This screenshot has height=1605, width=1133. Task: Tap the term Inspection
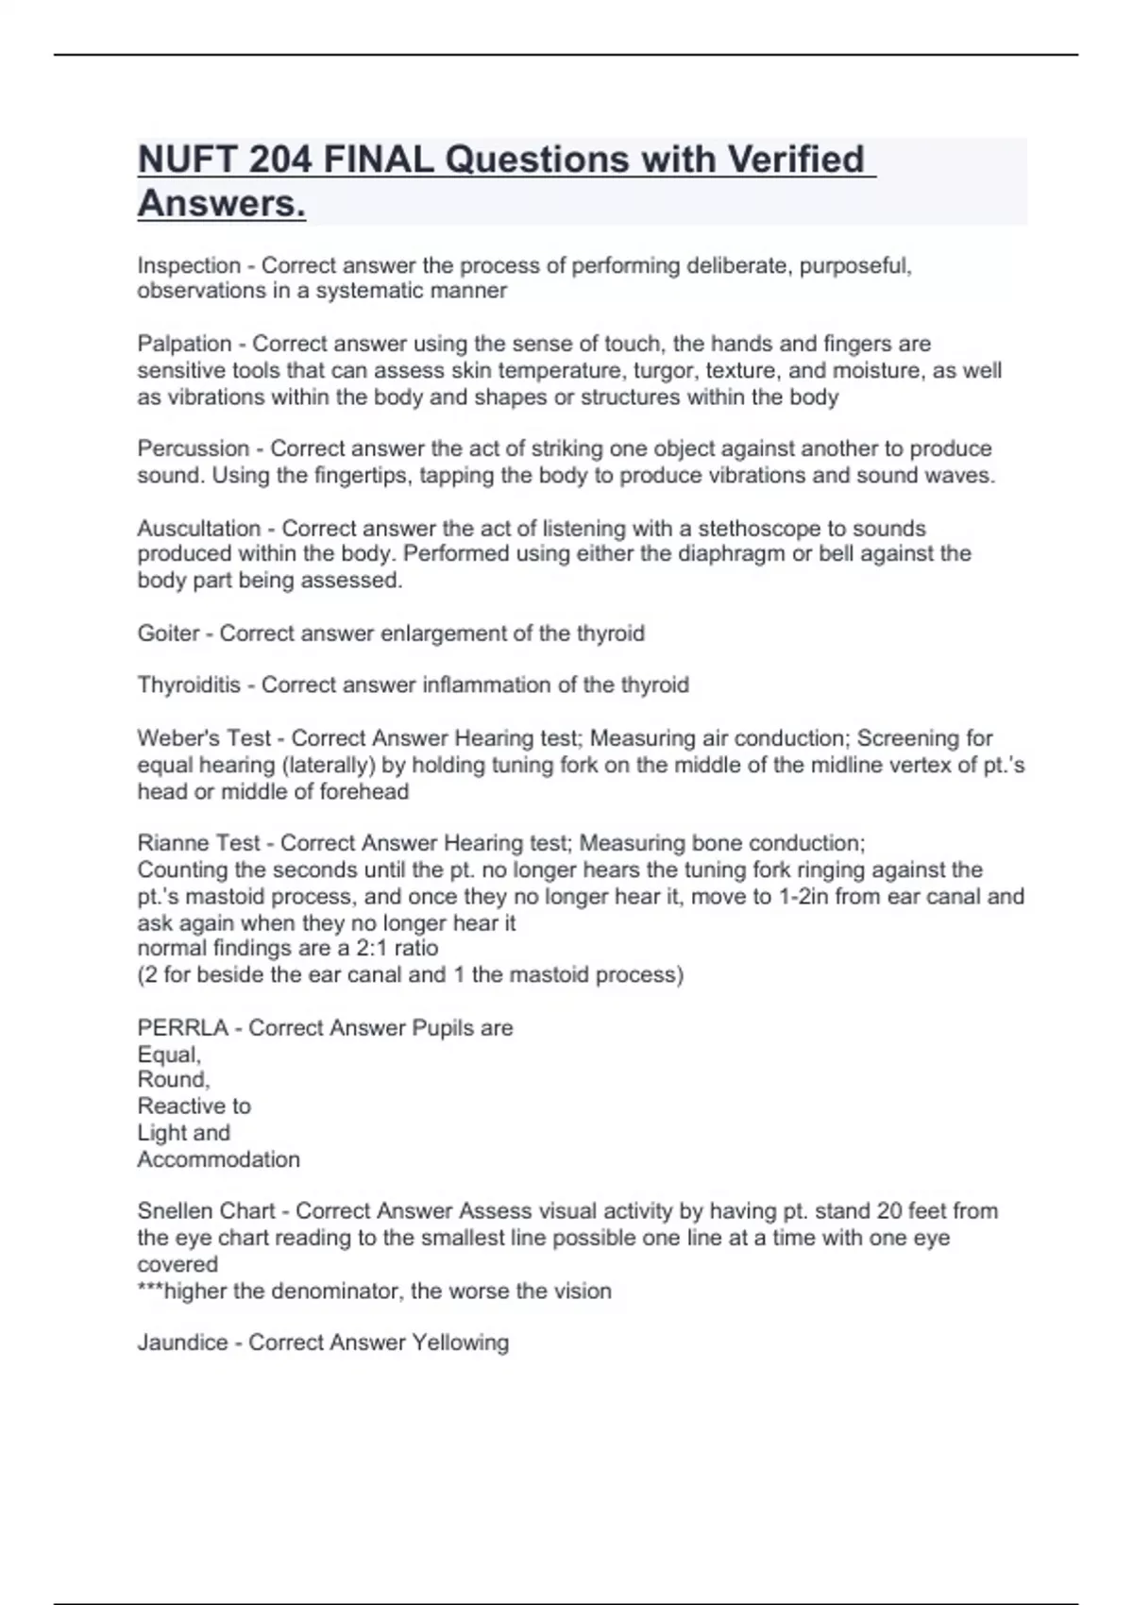189,266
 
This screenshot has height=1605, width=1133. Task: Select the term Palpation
184,344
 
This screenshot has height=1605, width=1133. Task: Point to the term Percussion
194,448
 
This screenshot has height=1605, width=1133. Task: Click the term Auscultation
198,528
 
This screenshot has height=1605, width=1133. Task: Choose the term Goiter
168,634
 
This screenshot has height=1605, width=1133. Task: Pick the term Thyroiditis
189,685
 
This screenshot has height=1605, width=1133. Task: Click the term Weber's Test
204,738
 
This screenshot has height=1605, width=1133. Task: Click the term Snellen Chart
206,1211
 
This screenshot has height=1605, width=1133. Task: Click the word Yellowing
459,1343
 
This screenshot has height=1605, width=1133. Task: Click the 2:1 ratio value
397,948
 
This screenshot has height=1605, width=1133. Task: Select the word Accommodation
218,1159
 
